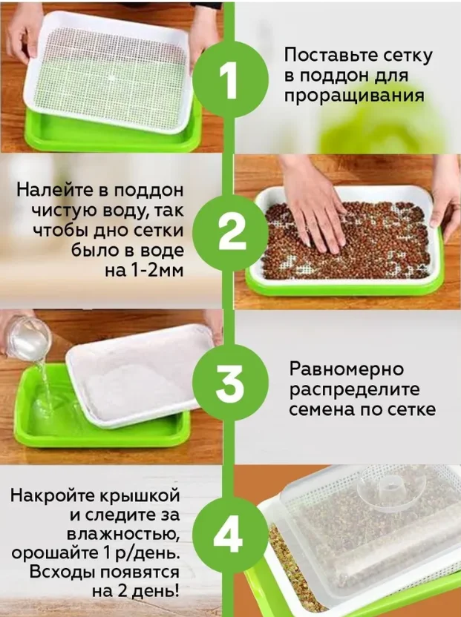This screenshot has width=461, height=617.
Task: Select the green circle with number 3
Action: point(231,383)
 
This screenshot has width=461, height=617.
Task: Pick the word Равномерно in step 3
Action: point(347,369)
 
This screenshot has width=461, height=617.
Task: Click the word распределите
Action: point(354,390)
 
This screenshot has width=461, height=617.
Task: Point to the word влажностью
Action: point(123,535)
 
